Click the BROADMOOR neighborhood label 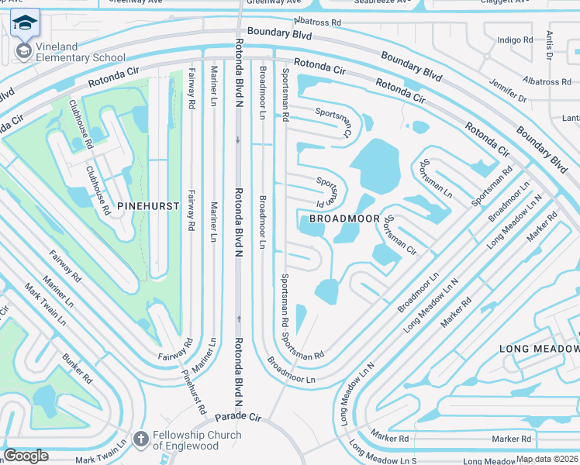[338, 219]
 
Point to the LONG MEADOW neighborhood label [537, 349]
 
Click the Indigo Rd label [516, 40]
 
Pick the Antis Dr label [549, 46]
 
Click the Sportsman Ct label [333, 118]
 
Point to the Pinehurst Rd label [194, 391]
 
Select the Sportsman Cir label [401, 236]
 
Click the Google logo [26, 456]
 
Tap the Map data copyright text [547, 460]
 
